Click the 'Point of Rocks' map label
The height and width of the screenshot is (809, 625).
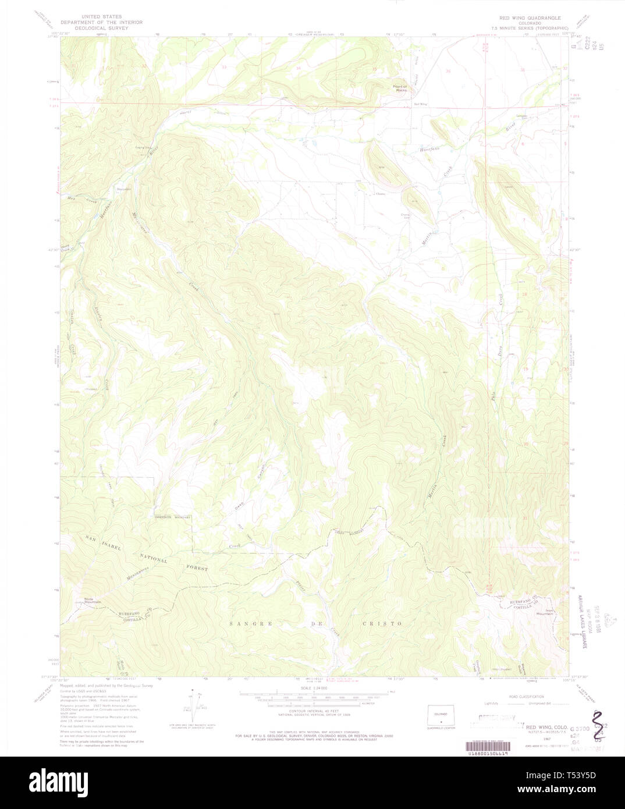pyautogui.click(x=400, y=88)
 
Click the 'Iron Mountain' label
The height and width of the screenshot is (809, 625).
pyautogui.click(x=545, y=612)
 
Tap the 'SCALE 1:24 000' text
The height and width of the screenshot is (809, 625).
pyautogui.click(x=312, y=688)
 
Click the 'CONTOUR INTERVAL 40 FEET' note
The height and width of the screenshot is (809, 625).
pyautogui.click(x=312, y=714)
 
